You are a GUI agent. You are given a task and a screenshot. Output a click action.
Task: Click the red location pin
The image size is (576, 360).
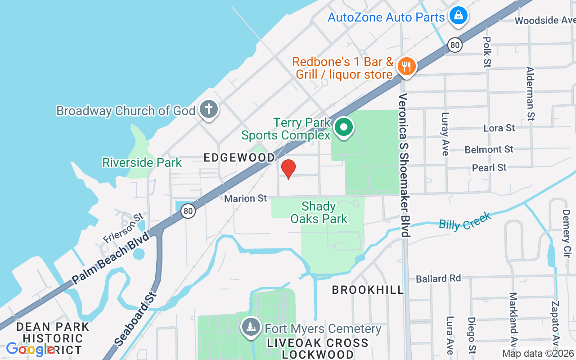point(288,169)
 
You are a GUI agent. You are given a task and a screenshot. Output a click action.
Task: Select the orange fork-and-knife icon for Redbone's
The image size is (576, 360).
point(406,67)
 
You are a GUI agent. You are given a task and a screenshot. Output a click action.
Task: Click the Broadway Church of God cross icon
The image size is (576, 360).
point(208,109)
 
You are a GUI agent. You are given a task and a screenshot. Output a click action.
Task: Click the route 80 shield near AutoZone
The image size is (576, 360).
point(455,44)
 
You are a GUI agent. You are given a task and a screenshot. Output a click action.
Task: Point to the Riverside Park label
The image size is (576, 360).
point(142,162)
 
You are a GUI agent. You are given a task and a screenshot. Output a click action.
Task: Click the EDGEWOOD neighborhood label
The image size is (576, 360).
point(239,157)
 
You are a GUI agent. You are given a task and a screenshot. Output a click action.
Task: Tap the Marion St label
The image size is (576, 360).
point(246,198)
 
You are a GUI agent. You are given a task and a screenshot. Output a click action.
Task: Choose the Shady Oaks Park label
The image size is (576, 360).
point(319,213)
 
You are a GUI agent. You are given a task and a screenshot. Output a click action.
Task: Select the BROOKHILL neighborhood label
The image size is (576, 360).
point(368,290)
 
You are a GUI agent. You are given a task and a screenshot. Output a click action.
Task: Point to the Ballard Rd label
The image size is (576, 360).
point(438,279)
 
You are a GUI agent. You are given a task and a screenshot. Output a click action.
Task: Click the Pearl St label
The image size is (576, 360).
point(489,168)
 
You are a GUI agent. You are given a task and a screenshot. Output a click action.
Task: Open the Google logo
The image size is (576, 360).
point(30,349)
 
